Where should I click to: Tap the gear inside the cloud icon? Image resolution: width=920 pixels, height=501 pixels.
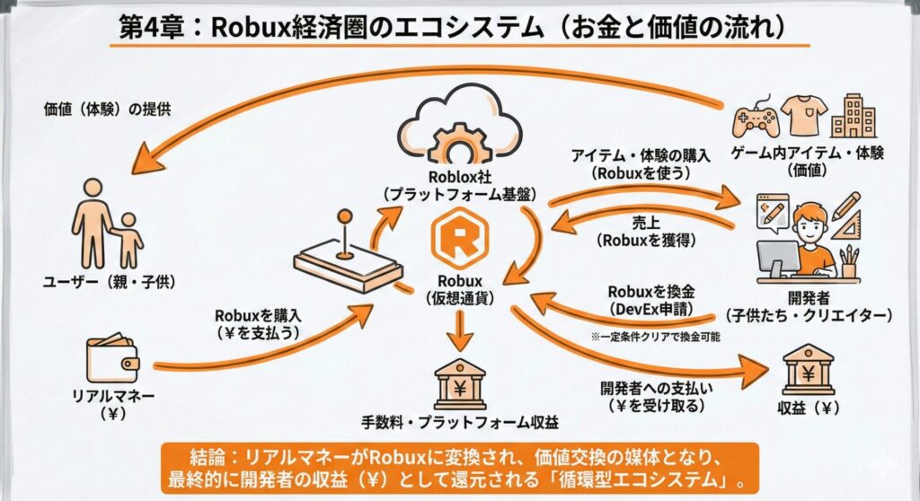click(460, 139)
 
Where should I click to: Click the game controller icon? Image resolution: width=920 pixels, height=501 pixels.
click(756, 116)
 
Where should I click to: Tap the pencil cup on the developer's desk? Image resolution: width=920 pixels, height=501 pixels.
click(848, 267)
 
